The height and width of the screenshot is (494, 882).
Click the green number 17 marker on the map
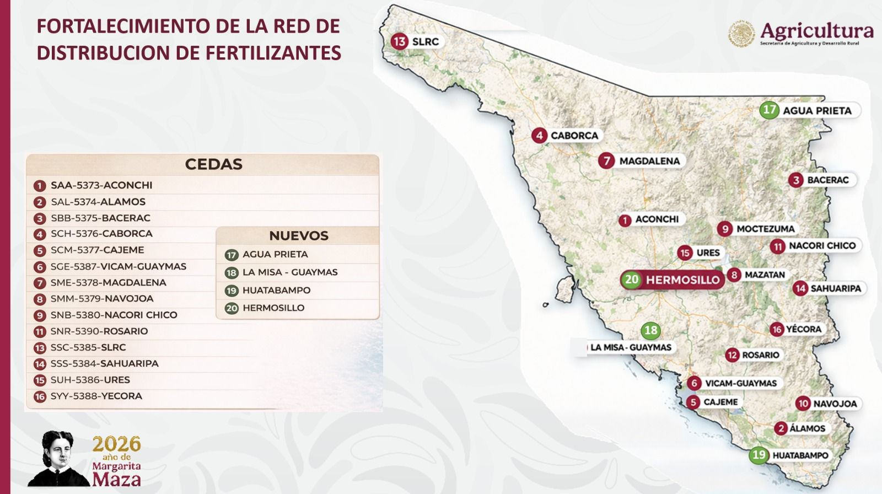(x=770, y=110)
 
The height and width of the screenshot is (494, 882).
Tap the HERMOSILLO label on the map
(x=682, y=280)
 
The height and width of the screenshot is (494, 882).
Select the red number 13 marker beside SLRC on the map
(x=400, y=41)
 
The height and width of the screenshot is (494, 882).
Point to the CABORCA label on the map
(x=574, y=136)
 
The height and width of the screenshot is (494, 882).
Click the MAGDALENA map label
(x=649, y=161)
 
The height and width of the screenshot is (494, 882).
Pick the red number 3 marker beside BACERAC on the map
(x=795, y=180)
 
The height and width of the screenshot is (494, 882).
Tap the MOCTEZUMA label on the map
(x=765, y=229)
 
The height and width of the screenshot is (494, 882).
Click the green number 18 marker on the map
(x=651, y=331)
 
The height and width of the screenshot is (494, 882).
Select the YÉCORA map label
(x=803, y=329)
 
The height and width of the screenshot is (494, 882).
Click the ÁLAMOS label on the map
(x=807, y=428)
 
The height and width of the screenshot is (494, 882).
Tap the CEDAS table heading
(x=213, y=164)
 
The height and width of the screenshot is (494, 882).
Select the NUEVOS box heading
(x=298, y=236)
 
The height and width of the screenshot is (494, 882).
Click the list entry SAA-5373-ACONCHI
(x=101, y=186)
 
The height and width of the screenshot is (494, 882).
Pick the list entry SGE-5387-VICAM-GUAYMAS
(x=118, y=267)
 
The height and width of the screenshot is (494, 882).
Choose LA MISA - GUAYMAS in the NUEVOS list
(x=290, y=272)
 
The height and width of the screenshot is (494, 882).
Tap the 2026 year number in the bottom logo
(x=116, y=444)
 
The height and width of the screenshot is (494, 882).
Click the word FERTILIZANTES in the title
(x=273, y=53)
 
